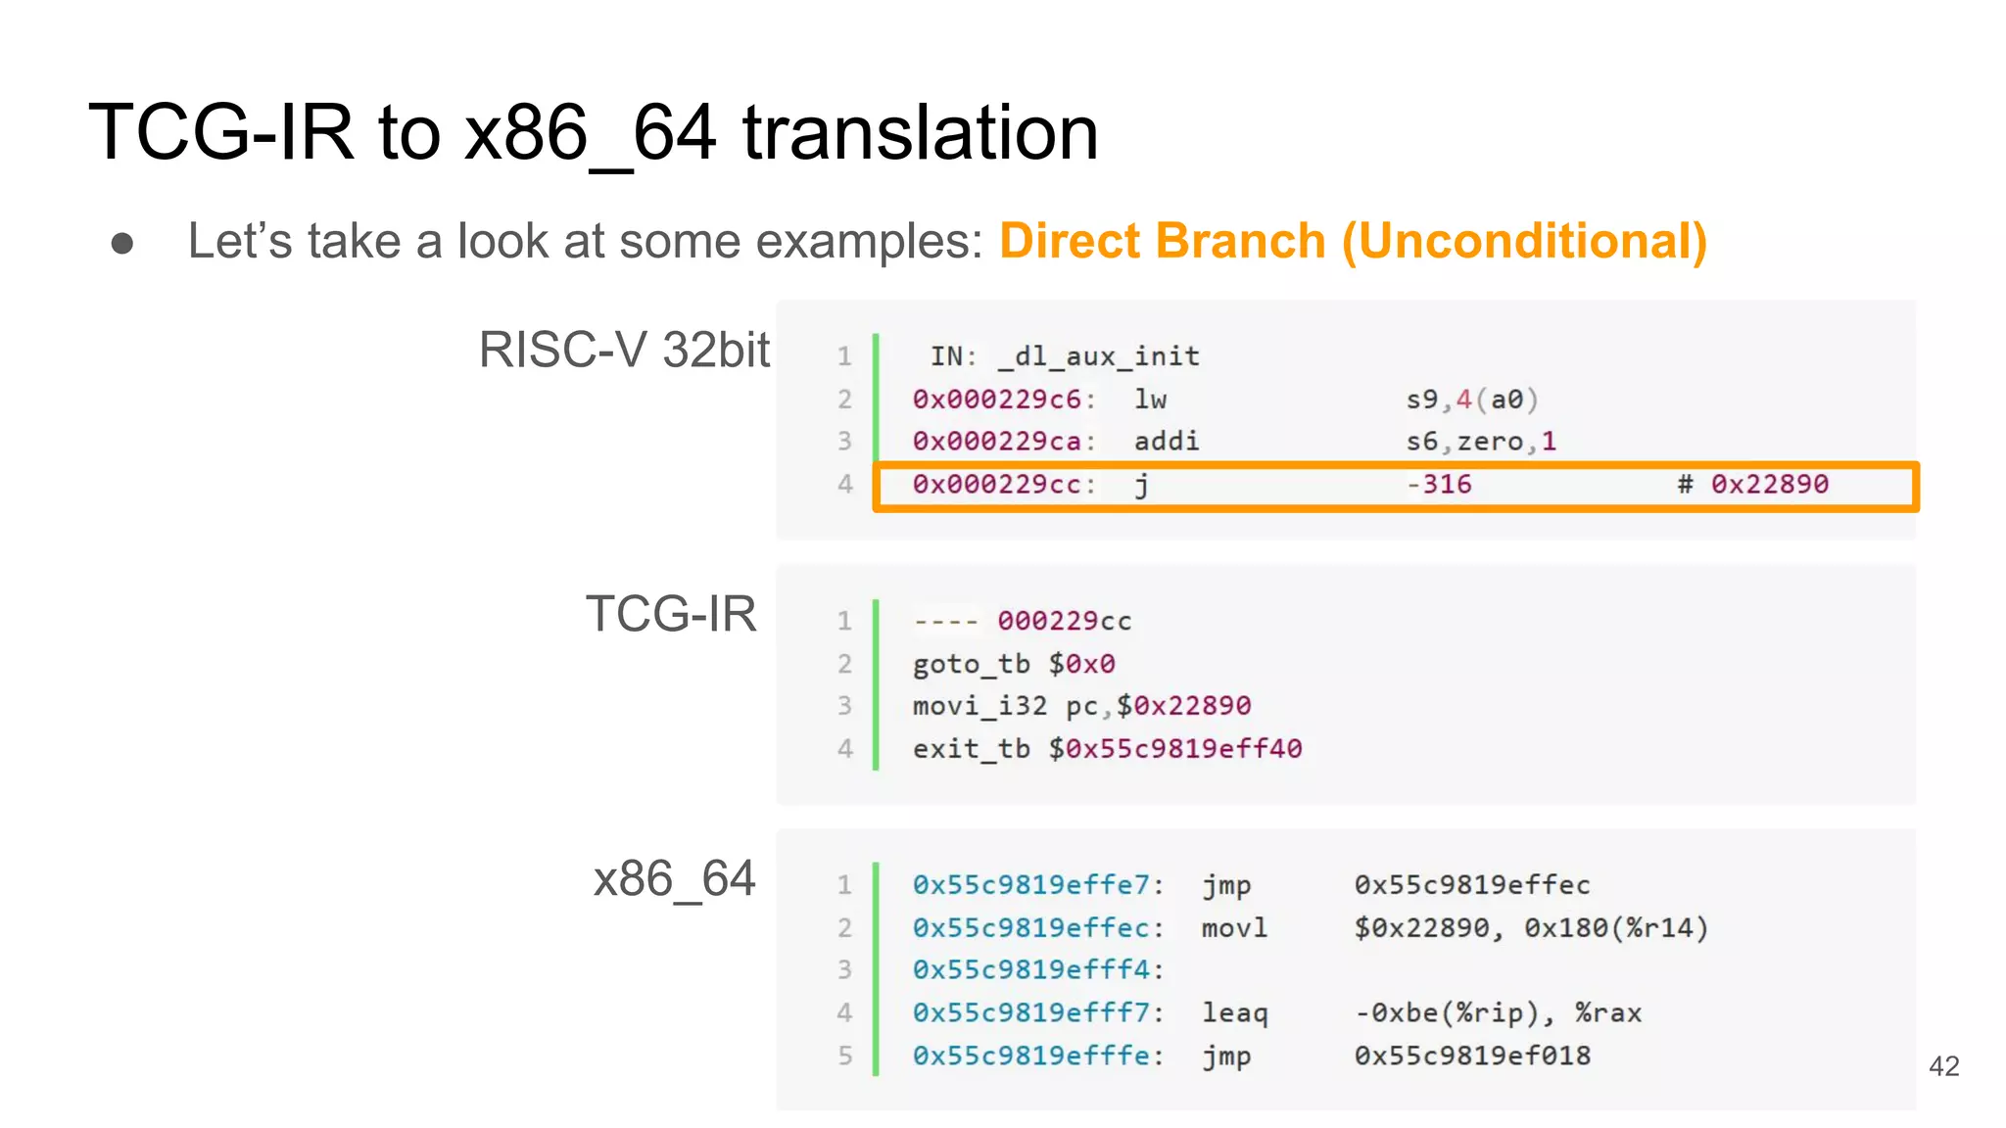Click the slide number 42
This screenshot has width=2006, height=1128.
(1943, 1066)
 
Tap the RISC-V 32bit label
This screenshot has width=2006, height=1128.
(624, 350)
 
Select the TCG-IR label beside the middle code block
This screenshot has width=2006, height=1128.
(671, 614)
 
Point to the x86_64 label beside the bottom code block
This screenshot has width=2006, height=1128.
(674, 878)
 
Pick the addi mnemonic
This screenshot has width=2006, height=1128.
(1166, 442)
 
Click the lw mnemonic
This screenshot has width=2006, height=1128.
(1150, 399)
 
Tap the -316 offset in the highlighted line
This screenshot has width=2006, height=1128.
(1439, 485)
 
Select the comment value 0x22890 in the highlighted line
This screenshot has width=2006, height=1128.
(1769, 485)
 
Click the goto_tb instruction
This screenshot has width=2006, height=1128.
(971, 665)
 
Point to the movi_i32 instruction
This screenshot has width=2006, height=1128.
(979, 706)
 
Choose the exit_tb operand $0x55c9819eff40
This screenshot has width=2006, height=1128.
(1175, 749)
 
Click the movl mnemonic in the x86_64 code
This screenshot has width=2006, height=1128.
(1234, 928)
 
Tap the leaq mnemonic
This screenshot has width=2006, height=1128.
(1234, 1013)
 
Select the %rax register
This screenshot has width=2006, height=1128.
(1607, 1013)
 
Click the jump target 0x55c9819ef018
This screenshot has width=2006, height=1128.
(1472, 1056)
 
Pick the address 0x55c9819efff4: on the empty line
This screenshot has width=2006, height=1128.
(1037, 970)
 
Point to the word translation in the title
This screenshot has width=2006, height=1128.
(920, 133)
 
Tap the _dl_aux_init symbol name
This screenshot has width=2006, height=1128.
(1098, 356)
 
